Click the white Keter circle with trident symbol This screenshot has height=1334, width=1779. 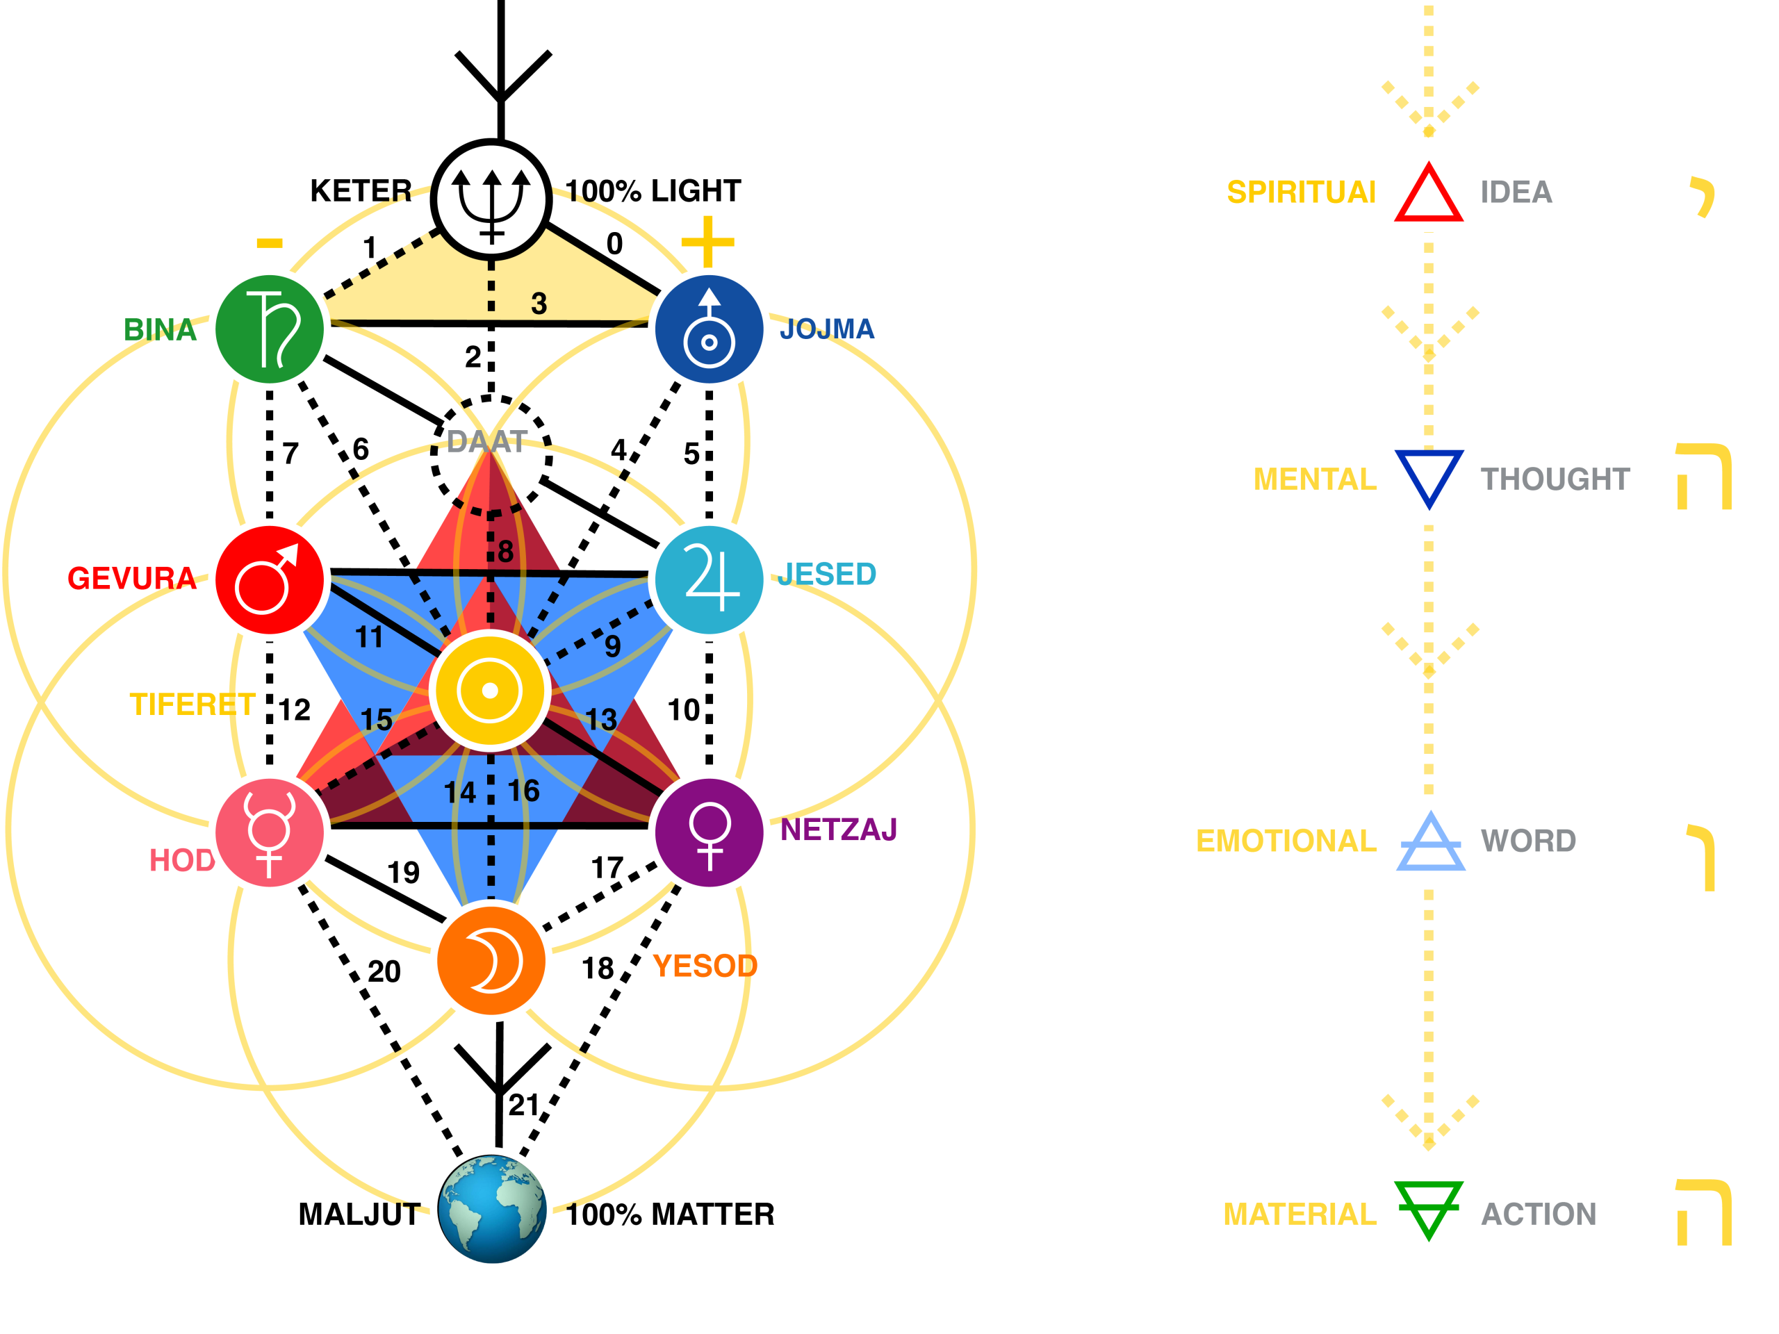point(491,199)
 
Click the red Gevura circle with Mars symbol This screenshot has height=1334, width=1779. point(270,579)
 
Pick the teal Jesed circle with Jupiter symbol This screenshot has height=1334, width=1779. point(709,579)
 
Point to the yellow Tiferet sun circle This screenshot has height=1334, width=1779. point(490,690)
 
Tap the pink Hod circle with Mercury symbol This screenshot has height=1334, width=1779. point(270,832)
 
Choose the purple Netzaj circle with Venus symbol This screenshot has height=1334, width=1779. point(709,832)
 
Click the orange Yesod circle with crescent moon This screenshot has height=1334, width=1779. point(491,961)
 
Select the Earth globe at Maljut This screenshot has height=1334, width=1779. point(492,1208)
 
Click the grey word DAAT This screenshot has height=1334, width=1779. point(486,441)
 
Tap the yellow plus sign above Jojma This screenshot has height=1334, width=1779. point(707,241)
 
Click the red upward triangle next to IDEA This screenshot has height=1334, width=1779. point(1428,195)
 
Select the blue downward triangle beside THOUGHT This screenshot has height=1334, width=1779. point(1428,476)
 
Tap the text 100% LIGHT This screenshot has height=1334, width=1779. point(653,191)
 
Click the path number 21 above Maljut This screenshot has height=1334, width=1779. point(523,1105)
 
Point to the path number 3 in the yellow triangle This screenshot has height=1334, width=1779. point(539,304)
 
